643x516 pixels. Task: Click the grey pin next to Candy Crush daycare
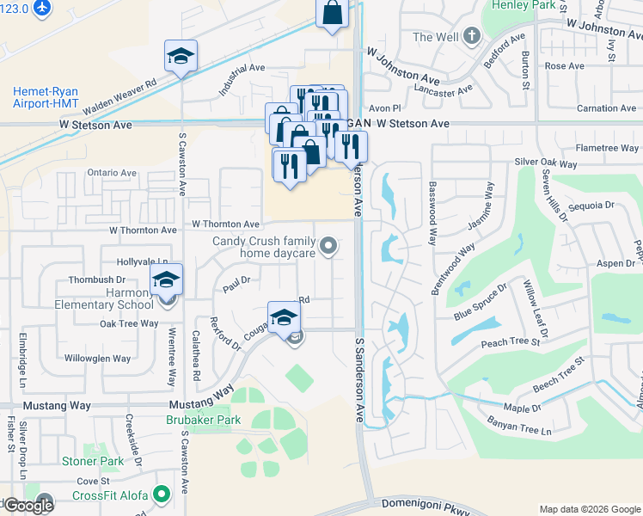[x=328, y=248]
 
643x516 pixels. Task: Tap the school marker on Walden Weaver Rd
[x=181, y=58]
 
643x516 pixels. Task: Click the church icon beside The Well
[x=470, y=36]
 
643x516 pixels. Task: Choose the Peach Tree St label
[x=511, y=342]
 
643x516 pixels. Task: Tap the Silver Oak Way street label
[x=546, y=163]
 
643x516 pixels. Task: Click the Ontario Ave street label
[x=112, y=173]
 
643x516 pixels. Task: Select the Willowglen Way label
[x=97, y=359]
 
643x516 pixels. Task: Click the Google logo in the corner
[x=28, y=505]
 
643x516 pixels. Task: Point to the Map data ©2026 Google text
[x=589, y=509]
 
